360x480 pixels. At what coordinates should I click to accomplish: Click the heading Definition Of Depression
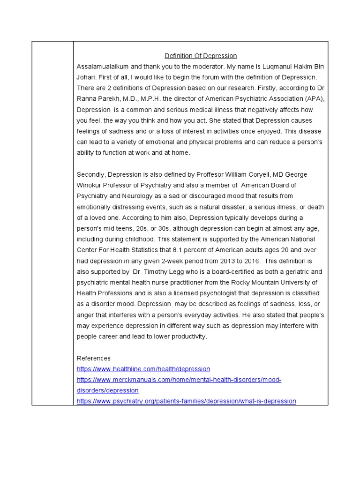click(201, 56)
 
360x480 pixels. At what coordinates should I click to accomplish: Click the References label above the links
click(94, 358)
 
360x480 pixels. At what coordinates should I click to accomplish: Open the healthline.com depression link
click(143, 369)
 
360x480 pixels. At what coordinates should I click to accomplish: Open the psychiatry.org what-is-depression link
click(186, 401)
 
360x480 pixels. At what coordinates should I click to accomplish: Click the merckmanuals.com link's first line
click(179, 380)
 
